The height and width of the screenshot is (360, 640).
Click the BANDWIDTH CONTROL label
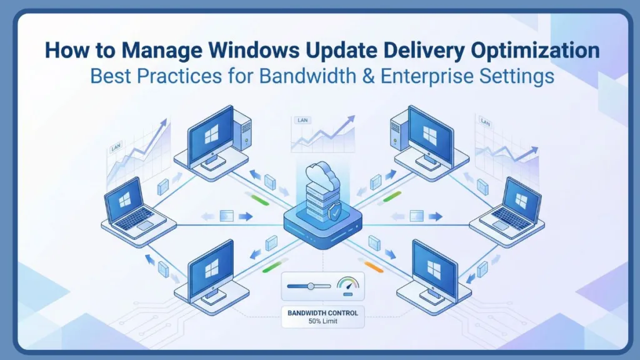click(322, 312)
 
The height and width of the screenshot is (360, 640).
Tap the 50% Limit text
click(322, 322)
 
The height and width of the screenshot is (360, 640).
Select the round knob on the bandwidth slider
click(311, 286)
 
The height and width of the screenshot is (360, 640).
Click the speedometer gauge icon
click(347, 285)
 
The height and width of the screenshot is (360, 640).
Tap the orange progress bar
click(372, 269)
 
